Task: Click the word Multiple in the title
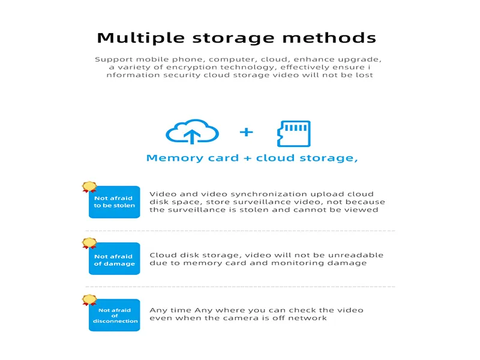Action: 141,38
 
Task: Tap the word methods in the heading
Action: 329,38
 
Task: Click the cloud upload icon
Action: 192,131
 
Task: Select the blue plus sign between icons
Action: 246,132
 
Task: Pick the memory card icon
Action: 294,134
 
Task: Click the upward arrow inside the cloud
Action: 192,136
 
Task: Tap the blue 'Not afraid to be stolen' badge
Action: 114,202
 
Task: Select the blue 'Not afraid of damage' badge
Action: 114,259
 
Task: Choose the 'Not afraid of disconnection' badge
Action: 114,315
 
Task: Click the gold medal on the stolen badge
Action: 89,187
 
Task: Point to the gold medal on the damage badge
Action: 89,244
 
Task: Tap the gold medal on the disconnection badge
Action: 89,300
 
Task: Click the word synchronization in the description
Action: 269,194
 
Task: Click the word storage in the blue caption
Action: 328,158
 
